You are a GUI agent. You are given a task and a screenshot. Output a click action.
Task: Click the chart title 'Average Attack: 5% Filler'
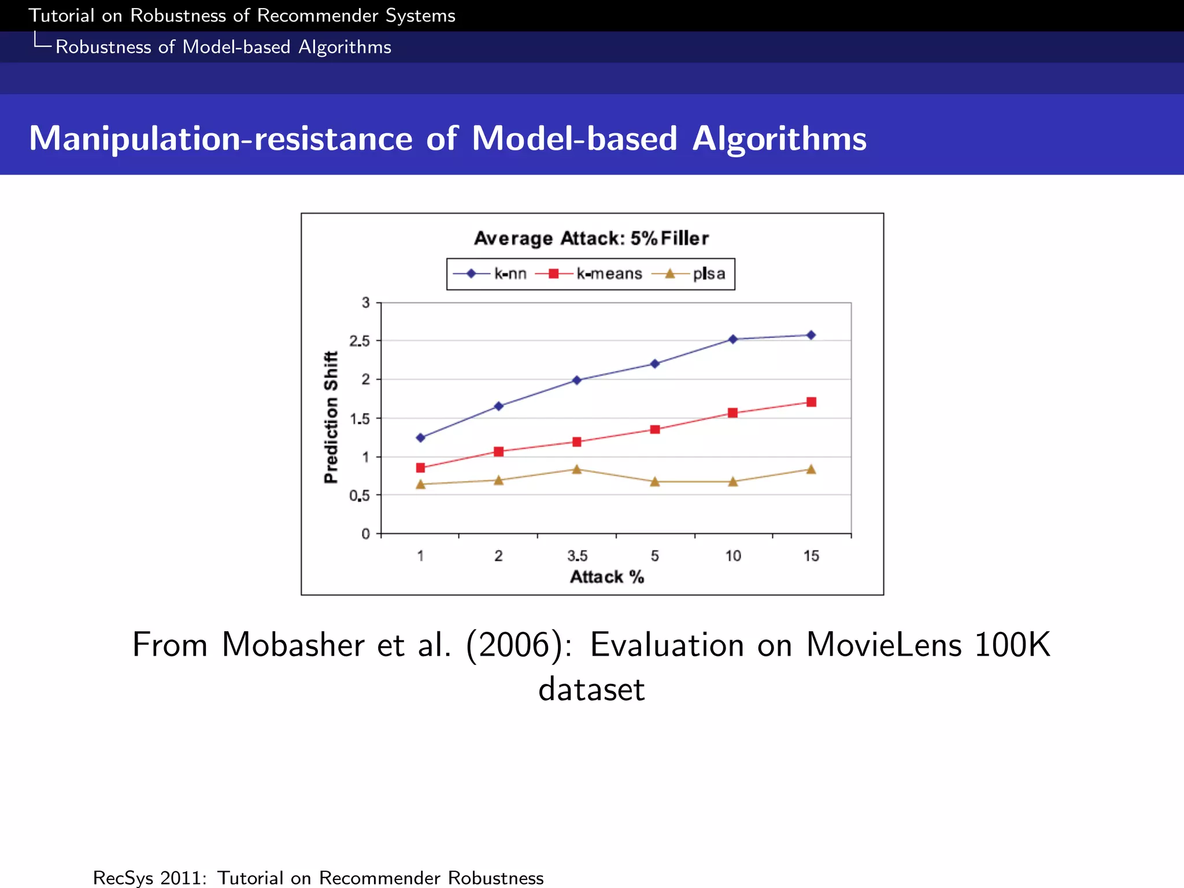[591, 238]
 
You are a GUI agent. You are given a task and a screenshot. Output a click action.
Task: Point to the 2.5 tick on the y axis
[360, 341]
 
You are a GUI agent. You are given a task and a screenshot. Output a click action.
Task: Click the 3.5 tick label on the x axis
[577, 556]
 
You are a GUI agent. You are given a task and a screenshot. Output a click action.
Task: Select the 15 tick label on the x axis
[811, 556]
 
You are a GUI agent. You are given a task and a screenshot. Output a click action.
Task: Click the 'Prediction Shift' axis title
[331, 417]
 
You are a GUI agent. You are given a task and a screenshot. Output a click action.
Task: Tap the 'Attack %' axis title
[607, 577]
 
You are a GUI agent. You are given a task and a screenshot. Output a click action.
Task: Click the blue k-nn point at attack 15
[811, 335]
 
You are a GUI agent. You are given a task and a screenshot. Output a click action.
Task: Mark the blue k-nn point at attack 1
[420, 438]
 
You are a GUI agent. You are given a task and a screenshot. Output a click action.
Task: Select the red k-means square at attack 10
[732, 413]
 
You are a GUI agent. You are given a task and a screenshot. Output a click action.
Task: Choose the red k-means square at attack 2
[499, 452]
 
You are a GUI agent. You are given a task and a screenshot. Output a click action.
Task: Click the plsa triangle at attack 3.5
[577, 469]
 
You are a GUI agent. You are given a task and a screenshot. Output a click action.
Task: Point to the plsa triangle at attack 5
[655, 482]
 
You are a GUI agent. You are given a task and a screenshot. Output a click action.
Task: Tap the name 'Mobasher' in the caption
[293, 645]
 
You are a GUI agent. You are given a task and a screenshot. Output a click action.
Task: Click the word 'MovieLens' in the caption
[883, 645]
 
